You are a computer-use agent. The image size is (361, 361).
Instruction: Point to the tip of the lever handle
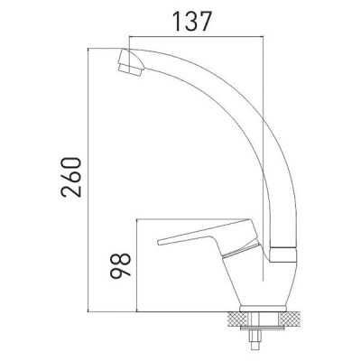pos(163,240)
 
